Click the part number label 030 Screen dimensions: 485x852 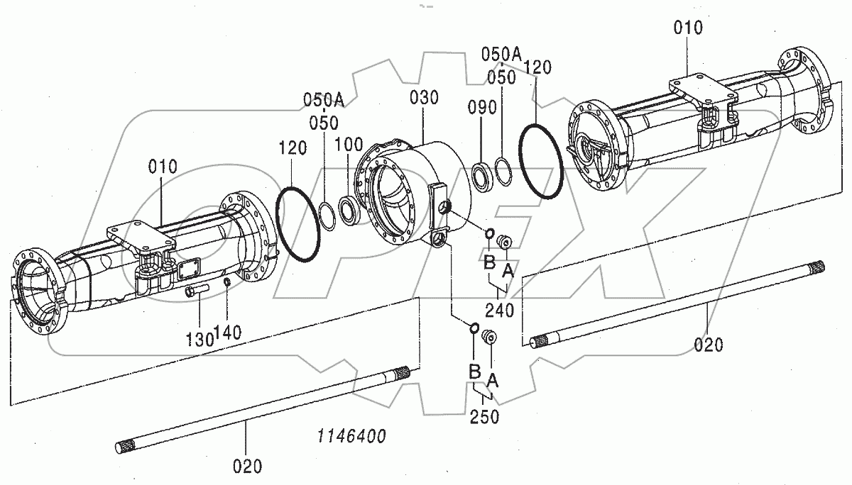point(425,98)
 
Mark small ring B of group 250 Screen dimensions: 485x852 point(473,328)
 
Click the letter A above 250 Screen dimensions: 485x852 point(493,381)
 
